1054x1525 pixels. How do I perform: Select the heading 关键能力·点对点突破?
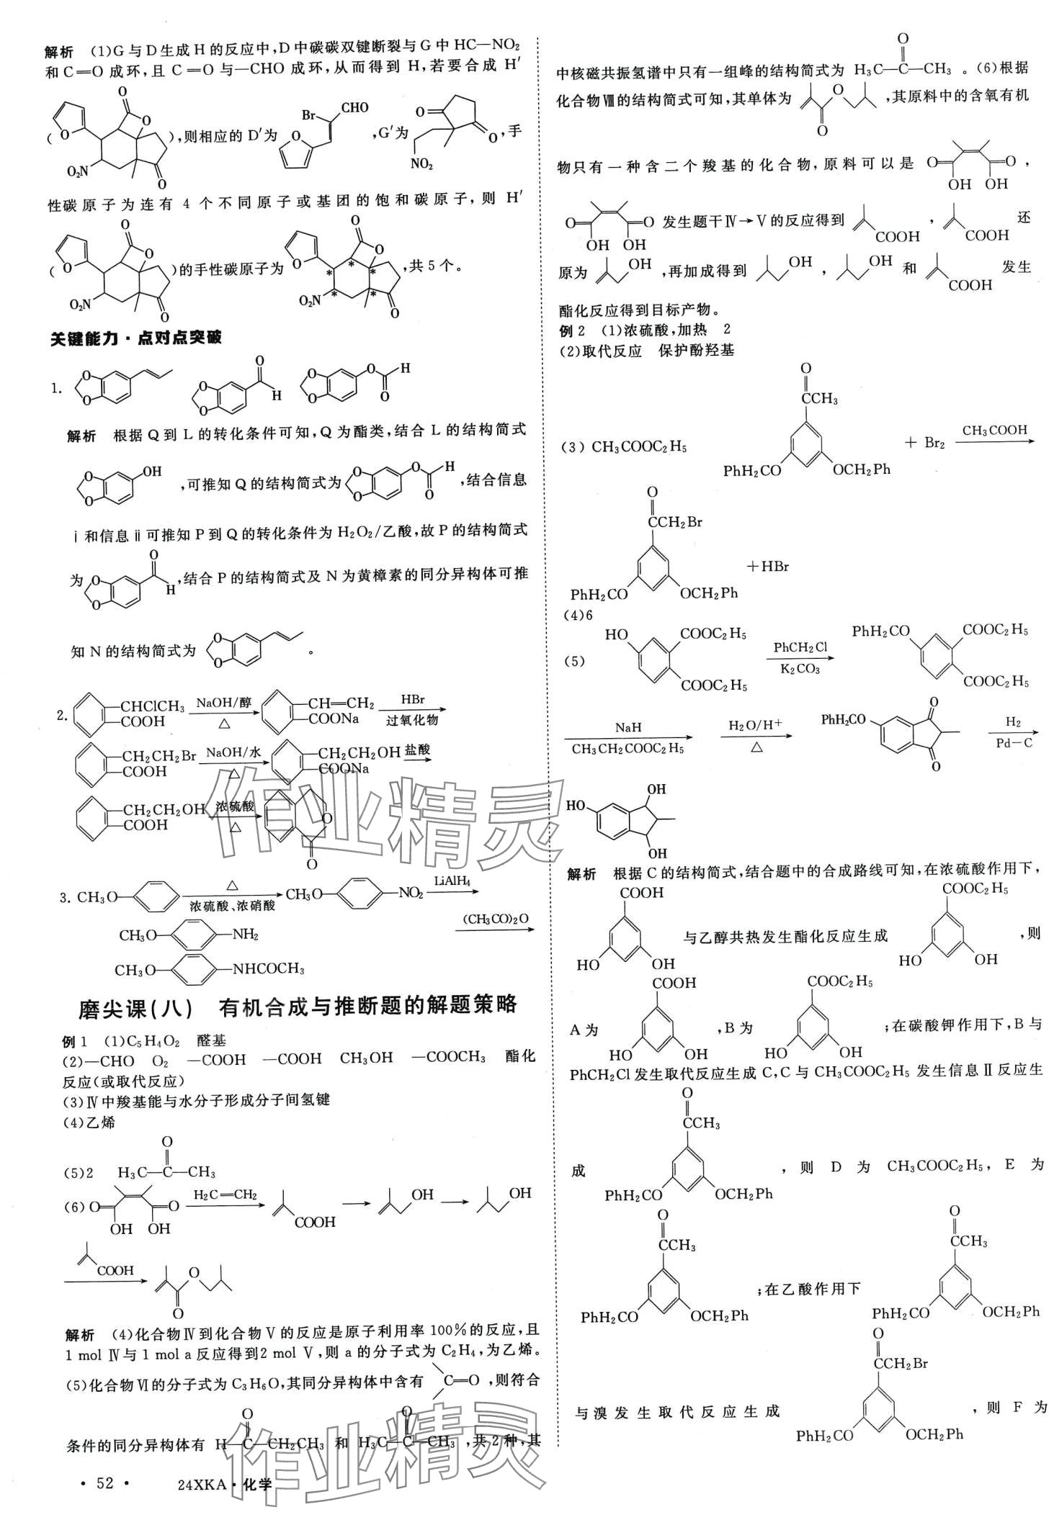pyautogui.click(x=135, y=338)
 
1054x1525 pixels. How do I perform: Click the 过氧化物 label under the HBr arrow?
pyautogui.click(x=412, y=719)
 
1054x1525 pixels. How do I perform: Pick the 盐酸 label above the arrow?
pyautogui.click(x=417, y=750)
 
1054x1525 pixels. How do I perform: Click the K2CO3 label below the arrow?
pyautogui.click(x=800, y=669)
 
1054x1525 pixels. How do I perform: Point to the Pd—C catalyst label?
pyautogui.click(x=1014, y=742)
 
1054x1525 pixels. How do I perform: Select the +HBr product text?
pyautogui.click(x=767, y=567)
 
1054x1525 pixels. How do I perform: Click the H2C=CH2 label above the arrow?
pyautogui.click(x=225, y=1195)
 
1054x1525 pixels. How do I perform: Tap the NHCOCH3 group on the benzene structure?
pyautogui.click(x=268, y=968)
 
